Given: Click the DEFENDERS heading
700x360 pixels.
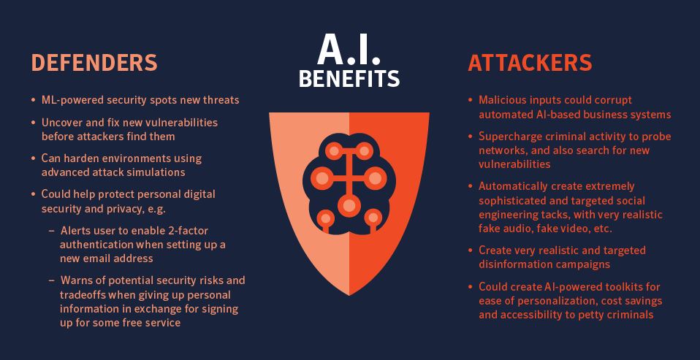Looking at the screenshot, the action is coord(94,63).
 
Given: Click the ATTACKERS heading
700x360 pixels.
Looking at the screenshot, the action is coord(530,63).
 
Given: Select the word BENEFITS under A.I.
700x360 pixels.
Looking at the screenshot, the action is coord(349,78).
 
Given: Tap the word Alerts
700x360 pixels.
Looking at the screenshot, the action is coord(75,231).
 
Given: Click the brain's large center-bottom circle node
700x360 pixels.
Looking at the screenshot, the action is coord(349,206).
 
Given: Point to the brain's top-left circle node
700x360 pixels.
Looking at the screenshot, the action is coord(333,150).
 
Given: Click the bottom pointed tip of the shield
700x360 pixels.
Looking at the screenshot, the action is coord(349,295).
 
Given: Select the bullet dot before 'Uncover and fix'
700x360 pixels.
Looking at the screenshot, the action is coord(33,122).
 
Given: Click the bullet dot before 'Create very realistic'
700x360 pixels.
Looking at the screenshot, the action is coord(470,250).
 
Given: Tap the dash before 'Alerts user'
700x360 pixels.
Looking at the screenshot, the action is coord(52,231).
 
